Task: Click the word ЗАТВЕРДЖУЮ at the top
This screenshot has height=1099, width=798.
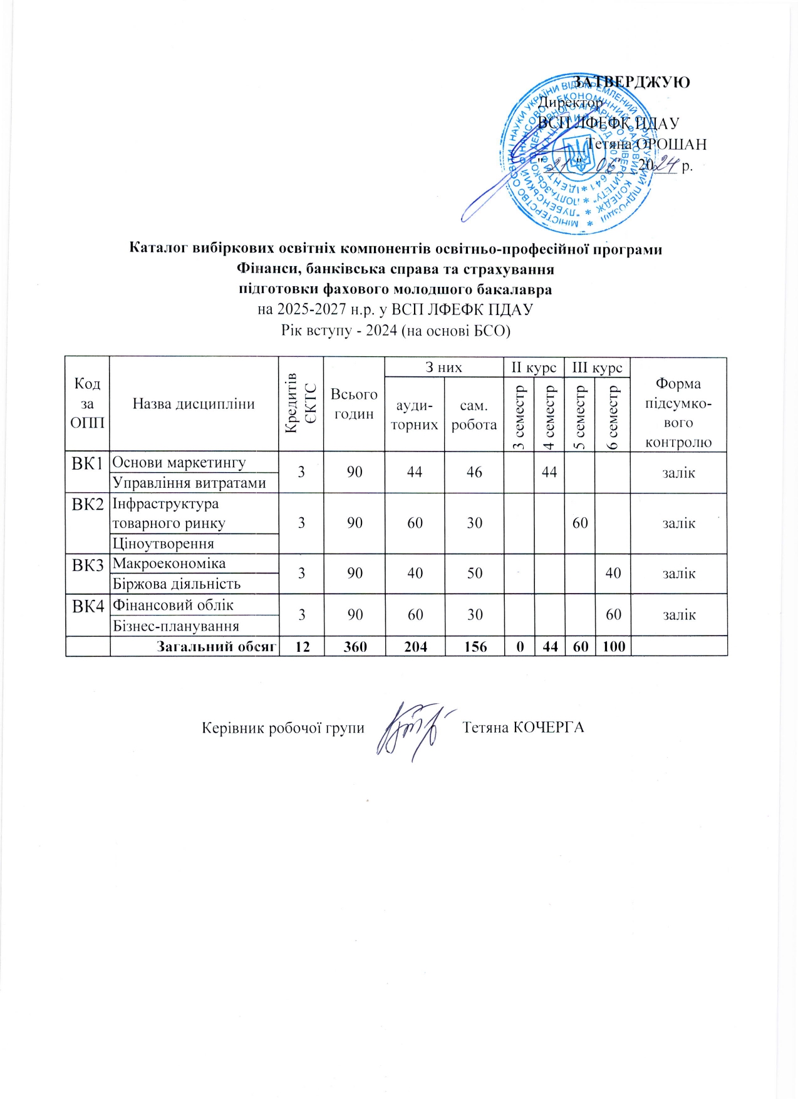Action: (x=632, y=82)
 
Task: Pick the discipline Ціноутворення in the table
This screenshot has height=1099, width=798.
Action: (x=163, y=544)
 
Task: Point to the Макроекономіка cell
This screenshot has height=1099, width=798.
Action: (x=168, y=563)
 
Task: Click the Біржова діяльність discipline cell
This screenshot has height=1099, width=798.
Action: (x=176, y=584)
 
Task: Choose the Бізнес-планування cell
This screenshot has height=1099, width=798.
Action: (x=175, y=626)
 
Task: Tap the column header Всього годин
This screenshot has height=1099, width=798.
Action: (x=354, y=404)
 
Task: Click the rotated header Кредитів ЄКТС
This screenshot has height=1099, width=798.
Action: (x=301, y=404)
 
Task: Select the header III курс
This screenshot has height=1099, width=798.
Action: (x=597, y=367)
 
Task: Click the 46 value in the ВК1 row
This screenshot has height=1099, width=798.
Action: (x=474, y=472)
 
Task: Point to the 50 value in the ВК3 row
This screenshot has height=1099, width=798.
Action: (x=475, y=573)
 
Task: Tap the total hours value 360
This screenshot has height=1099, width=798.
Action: (x=355, y=646)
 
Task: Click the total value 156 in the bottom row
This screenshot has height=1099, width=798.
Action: (x=475, y=646)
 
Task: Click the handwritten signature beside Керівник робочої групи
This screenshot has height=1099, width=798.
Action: (x=410, y=729)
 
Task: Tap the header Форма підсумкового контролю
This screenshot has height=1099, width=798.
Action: (x=678, y=413)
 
